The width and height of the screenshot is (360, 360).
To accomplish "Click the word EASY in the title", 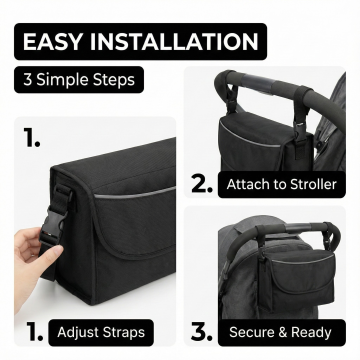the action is (x=52, y=42).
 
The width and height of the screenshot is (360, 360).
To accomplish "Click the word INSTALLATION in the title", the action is (x=174, y=42).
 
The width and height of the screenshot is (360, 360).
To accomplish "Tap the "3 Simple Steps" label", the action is (x=79, y=80).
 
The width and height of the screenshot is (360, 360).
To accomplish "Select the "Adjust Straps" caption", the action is (x=101, y=332).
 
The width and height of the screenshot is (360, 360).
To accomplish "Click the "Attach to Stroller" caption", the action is (x=282, y=184).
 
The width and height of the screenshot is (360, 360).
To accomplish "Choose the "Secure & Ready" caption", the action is (x=280, y=332).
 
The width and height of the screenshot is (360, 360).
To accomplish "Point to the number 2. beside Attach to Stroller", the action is (x=202, y=184).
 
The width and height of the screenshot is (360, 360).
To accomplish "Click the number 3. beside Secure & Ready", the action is (x=202, y=332).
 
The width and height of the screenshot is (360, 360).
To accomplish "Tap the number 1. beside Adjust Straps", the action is (x=34, y=332).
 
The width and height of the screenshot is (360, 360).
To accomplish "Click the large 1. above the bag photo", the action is (x=32, y=137).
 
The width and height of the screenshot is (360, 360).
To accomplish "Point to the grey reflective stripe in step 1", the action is (x=134, y=193).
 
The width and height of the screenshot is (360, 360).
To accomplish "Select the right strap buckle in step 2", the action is (x=300, y=131).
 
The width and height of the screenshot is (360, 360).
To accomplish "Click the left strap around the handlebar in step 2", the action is (x=230, y=92).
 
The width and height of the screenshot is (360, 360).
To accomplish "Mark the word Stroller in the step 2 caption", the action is (x=313, y=184).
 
